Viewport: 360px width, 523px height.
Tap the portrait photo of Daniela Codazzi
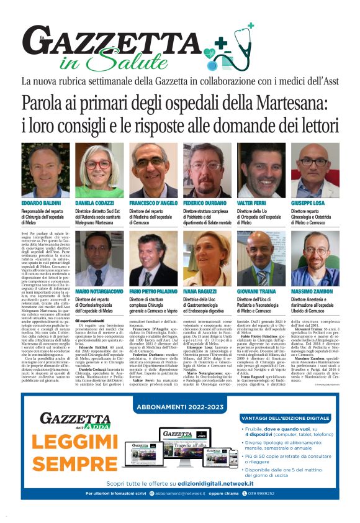point(99,171)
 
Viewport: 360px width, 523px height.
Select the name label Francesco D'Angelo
point(153,203)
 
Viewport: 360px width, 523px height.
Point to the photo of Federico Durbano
point(207,171)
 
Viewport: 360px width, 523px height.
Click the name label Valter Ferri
point(252,203)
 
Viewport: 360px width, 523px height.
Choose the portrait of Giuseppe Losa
point(315,171)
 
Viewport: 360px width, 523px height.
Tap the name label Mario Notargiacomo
point(100,291)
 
